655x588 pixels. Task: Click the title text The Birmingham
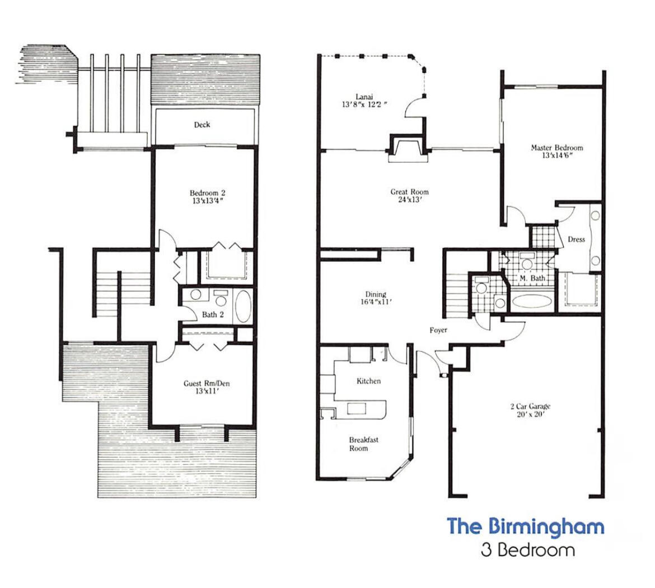click(x=525, y=526)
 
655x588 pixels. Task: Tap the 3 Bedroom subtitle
click(x=527, y=550)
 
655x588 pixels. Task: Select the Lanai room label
click(x=361, y=97)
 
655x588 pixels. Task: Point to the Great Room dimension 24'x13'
click(x=410, y=200)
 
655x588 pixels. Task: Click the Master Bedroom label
click(x=556, y=148)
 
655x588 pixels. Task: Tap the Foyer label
click(x=438, y=330)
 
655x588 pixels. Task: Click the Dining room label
click(x=376, y=294)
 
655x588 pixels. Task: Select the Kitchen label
click(x=368, y=381)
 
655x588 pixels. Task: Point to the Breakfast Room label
click(x=363, y=444)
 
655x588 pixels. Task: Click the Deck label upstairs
click(x=202, y=124)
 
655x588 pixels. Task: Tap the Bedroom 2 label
click(x=207, y=194)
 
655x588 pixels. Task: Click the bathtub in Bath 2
click(x=242, y=306)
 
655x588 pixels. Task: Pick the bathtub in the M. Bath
click(x=531, y=300)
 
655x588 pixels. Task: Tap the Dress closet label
click(x=576, y=239)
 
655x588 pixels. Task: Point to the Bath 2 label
click(x=213, y=314)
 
